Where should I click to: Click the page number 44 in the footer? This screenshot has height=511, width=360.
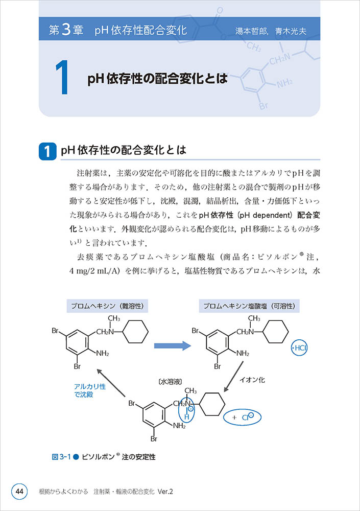coord(19,492)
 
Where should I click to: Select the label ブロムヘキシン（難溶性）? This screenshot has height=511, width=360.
coord(105,306)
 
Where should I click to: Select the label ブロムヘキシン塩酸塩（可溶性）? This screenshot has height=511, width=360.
coord(250,306)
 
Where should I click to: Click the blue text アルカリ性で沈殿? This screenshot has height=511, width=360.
coord(90,390)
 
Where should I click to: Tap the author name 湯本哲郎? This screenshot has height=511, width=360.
coord(252,30)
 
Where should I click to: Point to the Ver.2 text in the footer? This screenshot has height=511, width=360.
coord(165,492)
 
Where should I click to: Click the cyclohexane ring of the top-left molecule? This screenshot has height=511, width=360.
coord(134,332)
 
